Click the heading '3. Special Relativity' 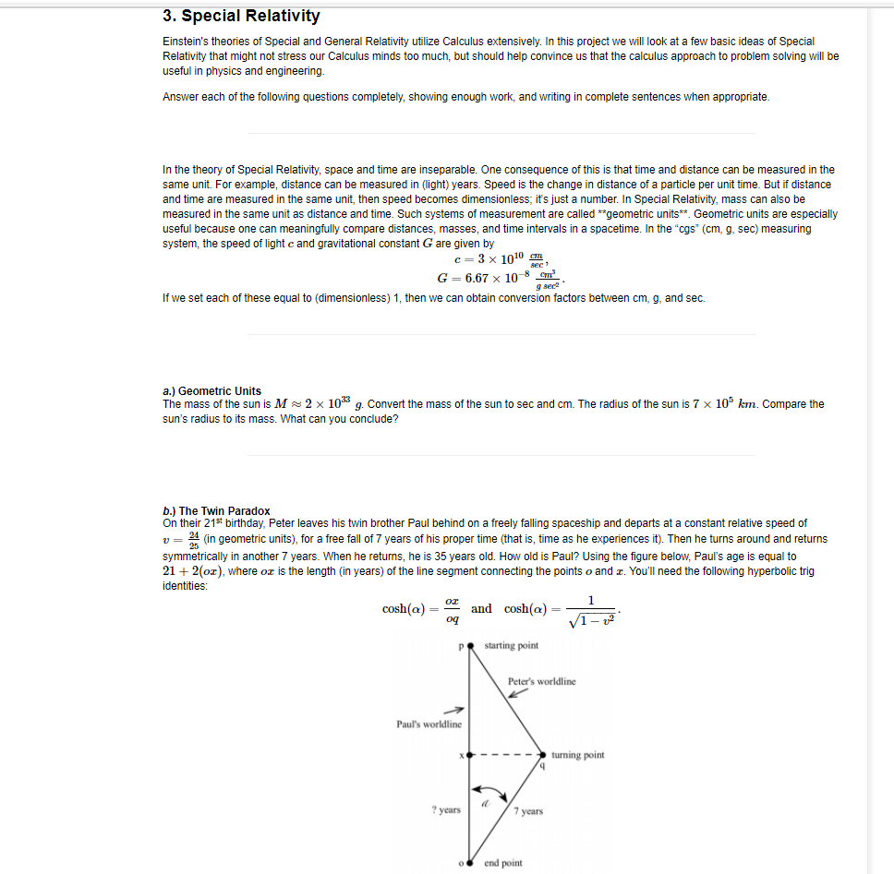241,16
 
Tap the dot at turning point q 543,754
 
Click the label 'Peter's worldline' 541,681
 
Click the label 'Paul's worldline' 429,724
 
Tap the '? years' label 446,809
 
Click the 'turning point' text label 579,754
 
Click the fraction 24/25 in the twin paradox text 194,539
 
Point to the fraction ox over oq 451,609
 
